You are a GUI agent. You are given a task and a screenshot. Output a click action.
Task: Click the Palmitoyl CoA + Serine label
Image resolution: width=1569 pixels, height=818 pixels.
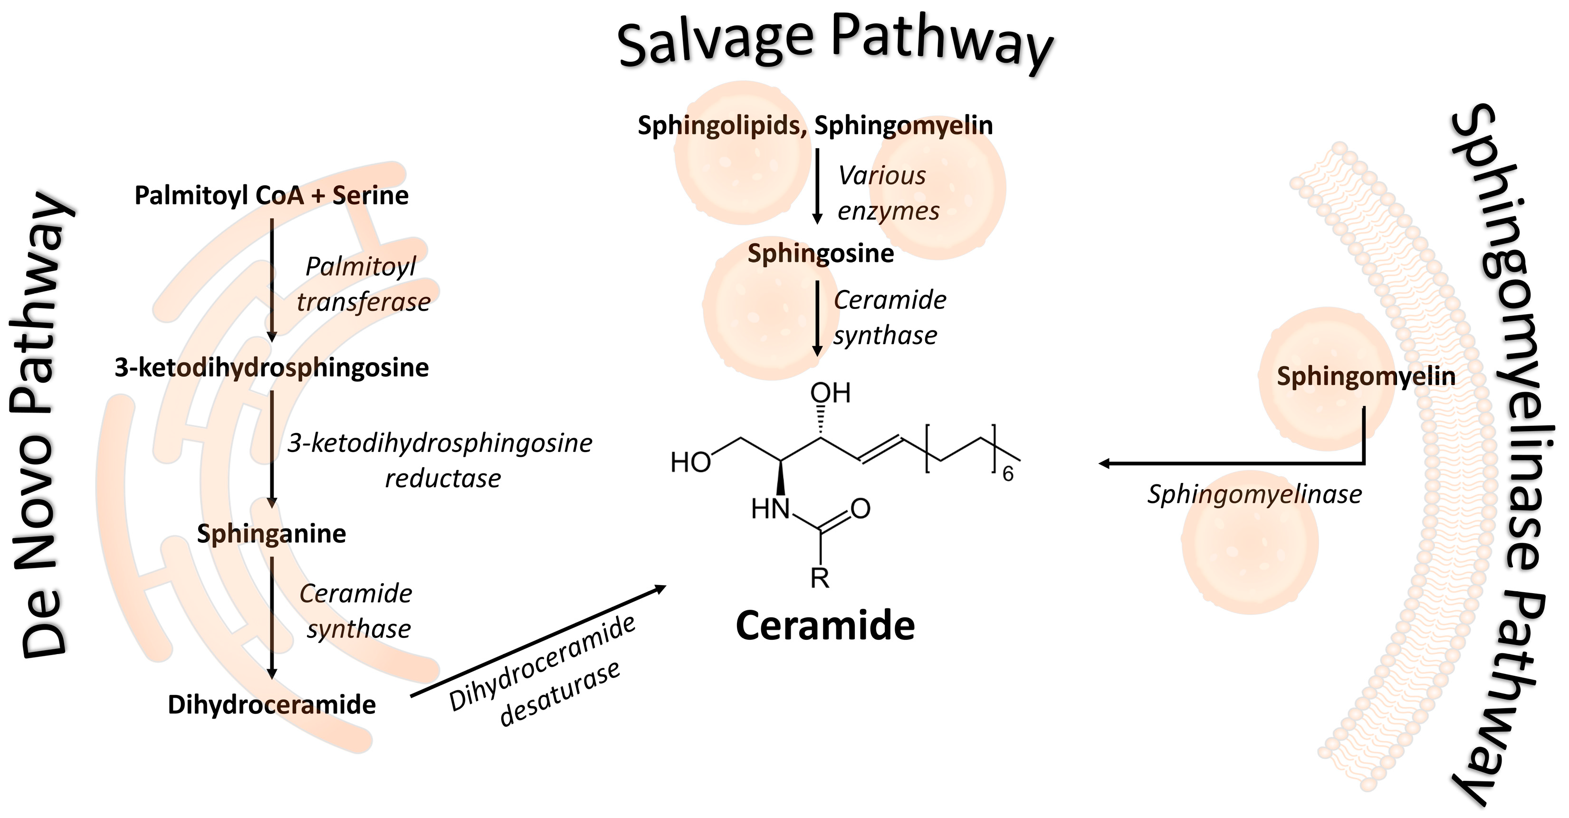[272, 195]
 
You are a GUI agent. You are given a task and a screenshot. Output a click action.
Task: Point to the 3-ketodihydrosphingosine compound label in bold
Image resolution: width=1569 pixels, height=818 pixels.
[272, 368]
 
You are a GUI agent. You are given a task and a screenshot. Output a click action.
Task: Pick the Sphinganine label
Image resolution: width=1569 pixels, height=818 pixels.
[272, 534]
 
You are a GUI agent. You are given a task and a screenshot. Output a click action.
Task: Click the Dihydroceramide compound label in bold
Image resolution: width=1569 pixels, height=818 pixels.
[272, 705]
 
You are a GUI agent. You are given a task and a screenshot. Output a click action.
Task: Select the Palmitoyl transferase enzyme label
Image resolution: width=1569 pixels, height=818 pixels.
[363, 284]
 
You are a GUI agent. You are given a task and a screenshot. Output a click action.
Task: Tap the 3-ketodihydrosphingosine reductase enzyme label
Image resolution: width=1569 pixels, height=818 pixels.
[440, 461]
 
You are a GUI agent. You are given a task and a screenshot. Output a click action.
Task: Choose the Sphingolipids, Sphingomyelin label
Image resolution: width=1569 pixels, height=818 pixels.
[815, 125]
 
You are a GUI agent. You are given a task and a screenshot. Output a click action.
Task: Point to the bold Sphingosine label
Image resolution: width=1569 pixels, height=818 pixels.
[821, 253]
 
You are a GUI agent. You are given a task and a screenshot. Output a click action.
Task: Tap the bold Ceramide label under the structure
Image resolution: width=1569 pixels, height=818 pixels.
[825, 626]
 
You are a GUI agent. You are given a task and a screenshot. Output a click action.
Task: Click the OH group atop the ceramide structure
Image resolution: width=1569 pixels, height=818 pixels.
[830, 394]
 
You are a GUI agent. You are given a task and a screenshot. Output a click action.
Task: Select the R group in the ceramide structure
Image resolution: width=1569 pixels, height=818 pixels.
[820, 578]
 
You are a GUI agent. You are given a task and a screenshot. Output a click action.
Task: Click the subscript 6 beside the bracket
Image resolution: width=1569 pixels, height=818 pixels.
[1008, 474]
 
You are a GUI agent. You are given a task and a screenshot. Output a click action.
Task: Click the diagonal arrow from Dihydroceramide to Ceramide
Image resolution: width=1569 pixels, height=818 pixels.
[538, 641]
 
